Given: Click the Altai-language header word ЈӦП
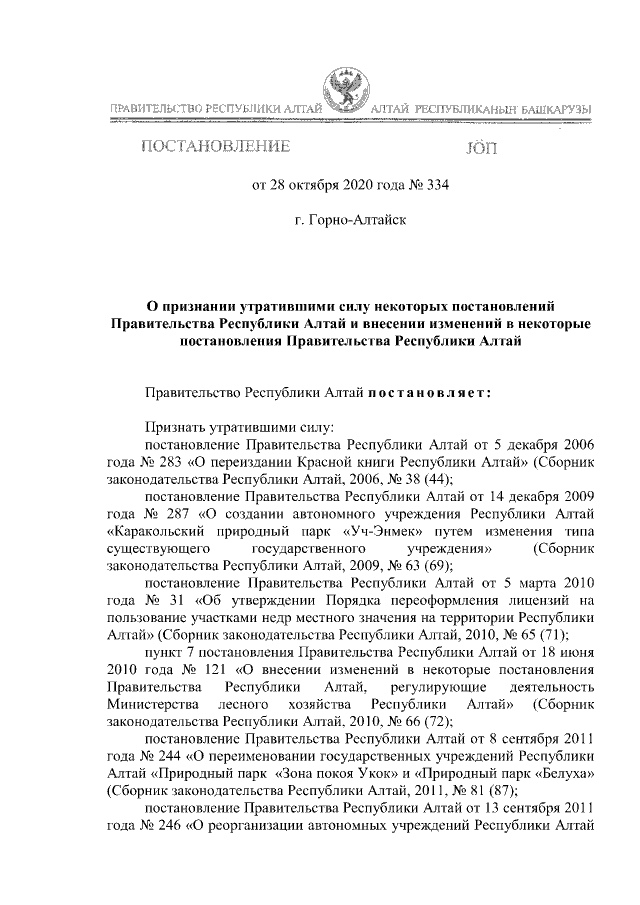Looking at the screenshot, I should [x=481, y=149].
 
